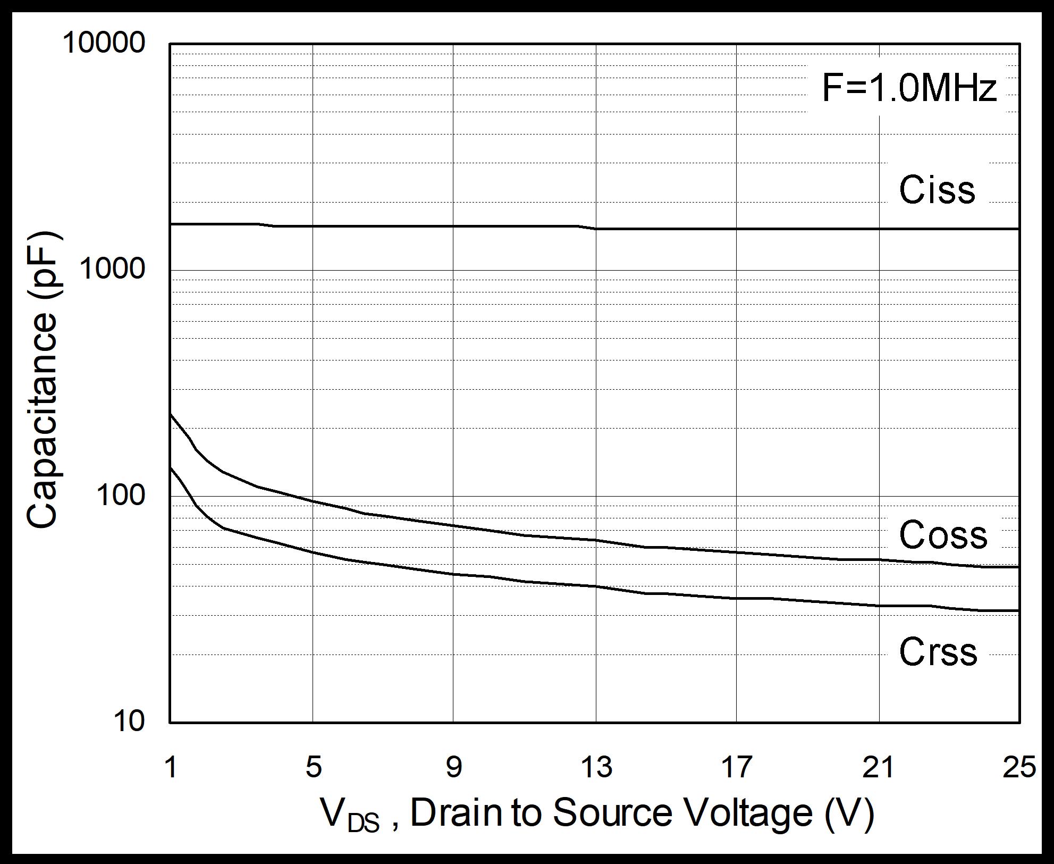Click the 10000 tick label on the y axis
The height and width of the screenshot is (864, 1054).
[104, 43]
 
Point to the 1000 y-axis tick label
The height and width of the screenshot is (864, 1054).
[112, 269]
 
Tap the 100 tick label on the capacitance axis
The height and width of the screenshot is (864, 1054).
[120, 496]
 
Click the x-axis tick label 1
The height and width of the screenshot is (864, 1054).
[171, 768]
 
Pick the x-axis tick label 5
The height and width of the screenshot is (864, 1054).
[314, 768]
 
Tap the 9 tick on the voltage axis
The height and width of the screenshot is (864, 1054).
[453, 768]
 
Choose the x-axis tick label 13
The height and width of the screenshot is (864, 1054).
[597, 768]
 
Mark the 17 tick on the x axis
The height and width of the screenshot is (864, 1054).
[737, 768]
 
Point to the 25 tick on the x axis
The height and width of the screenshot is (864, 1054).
[1019, 768]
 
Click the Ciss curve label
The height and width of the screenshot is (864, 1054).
[937, 190]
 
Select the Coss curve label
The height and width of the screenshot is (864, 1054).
[943, 534]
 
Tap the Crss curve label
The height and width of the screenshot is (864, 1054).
[938, 652]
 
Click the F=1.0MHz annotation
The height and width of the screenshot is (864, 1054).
[909, 88]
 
